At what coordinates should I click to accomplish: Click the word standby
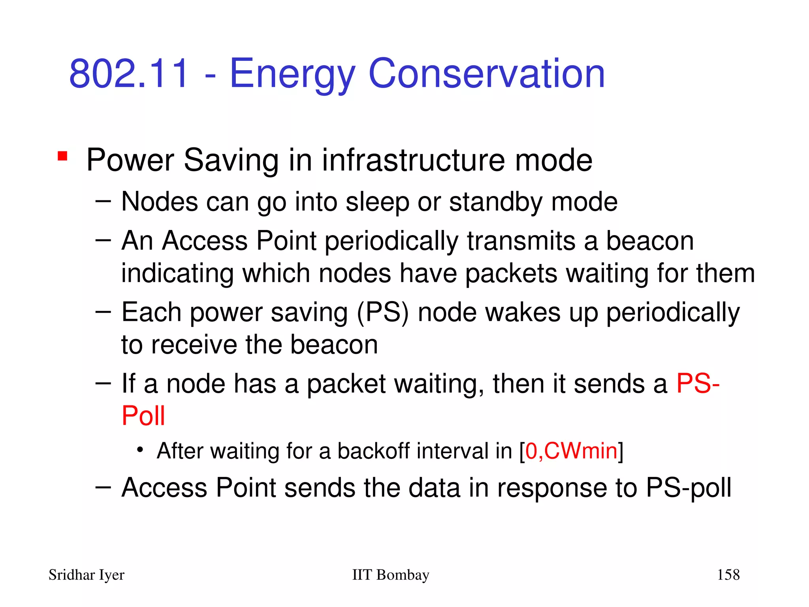pyautogui.click(x=496, y=202)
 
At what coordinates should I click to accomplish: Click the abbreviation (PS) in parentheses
pyautogui.click(x=382, y=313)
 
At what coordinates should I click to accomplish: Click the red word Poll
pyautogui.click(x=143, y=416)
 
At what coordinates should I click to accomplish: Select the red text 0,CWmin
pyautogui.click(x=571, y=451)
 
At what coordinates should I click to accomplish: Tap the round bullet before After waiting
pyautogui.click(x=139, y=450)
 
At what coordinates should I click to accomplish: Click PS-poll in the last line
pyautogui.click(x=688, y=488)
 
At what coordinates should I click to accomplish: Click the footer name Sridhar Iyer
pyautogui.click(x=86, y=575)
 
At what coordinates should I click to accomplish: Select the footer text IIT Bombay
pyautogui.click(x=390, y=575)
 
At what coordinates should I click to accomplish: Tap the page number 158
pyautogui.click(x=728, y=575)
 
